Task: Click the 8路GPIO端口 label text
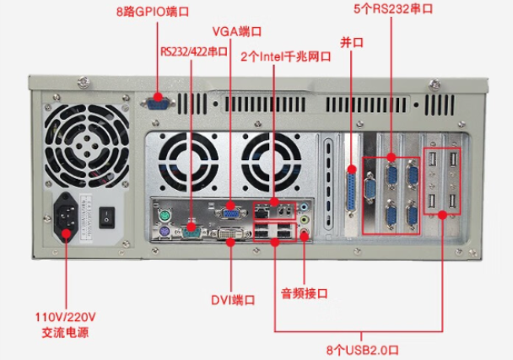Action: pyautogui.click(x=152, y=13)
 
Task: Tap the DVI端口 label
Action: pyautogui.click(x=233, y=299)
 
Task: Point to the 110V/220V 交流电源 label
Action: pyautogui.click(x=65, y=325)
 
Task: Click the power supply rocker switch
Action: pyautogui.click(x=107, y=217)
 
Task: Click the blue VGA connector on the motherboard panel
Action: pyautogui.click(x=231, y=205)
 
